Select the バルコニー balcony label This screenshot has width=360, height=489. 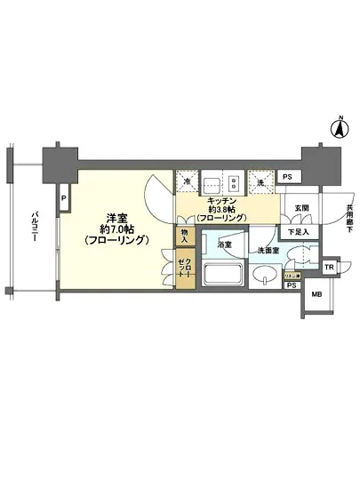(x=33, y=230)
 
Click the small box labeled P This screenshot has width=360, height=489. (x=63, y=197)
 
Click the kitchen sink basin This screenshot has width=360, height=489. (x=213, y=185)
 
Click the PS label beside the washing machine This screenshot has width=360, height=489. (x=286, y=178)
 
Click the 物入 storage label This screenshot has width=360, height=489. (x=183, y=236)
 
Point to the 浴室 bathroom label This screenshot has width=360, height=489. (x=227, y=244)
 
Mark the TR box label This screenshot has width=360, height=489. (x=327, y=268)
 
